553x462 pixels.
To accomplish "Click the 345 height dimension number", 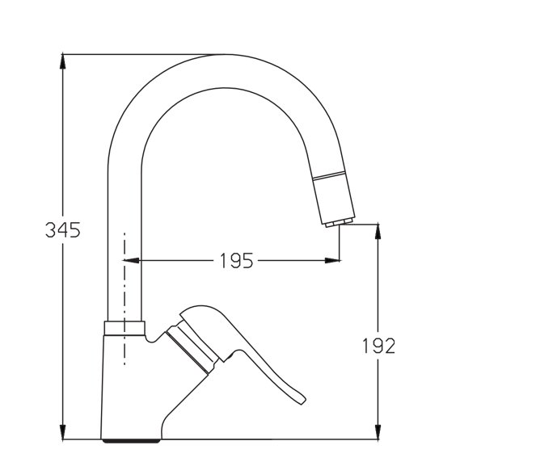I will (62, 230).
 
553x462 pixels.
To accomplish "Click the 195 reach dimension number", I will (236, 261).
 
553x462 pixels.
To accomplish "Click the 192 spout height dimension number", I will (378, 346).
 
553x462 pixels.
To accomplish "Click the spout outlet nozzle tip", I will (340, 221).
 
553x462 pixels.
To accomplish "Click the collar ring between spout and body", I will (125, 327).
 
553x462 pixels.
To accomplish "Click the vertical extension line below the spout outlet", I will (340, 243).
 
